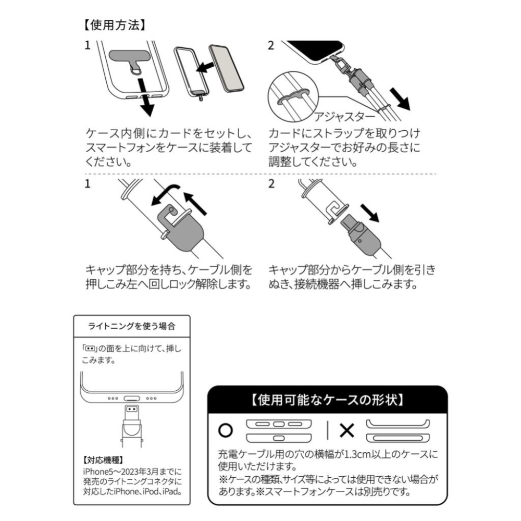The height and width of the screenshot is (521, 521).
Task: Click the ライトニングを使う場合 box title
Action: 131,326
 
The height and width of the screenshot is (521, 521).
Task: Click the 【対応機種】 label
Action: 103,461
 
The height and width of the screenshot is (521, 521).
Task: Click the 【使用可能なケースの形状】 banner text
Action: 328,401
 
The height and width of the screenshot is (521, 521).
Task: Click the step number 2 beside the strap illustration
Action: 270,45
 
